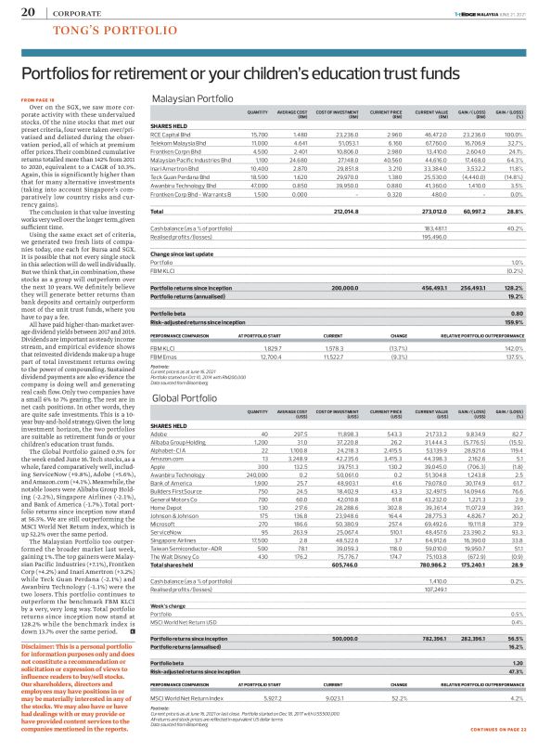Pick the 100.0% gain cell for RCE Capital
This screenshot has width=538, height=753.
[x=512, y=135]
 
